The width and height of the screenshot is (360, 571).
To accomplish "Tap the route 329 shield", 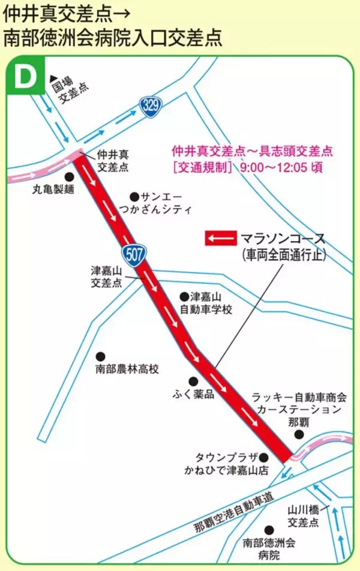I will [151, 106].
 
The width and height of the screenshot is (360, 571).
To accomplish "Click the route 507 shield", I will [134, 254].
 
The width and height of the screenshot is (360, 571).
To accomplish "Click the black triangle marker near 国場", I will [53, 77].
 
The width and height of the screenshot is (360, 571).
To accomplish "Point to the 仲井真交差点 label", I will [112, 162].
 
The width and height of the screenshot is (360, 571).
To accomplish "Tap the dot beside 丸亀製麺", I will [69, 177].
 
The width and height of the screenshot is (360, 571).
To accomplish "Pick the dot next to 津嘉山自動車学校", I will [184, 296].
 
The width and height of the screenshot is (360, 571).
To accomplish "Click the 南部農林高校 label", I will [127, 369].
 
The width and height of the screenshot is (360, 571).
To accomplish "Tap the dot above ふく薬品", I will [193, 381].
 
